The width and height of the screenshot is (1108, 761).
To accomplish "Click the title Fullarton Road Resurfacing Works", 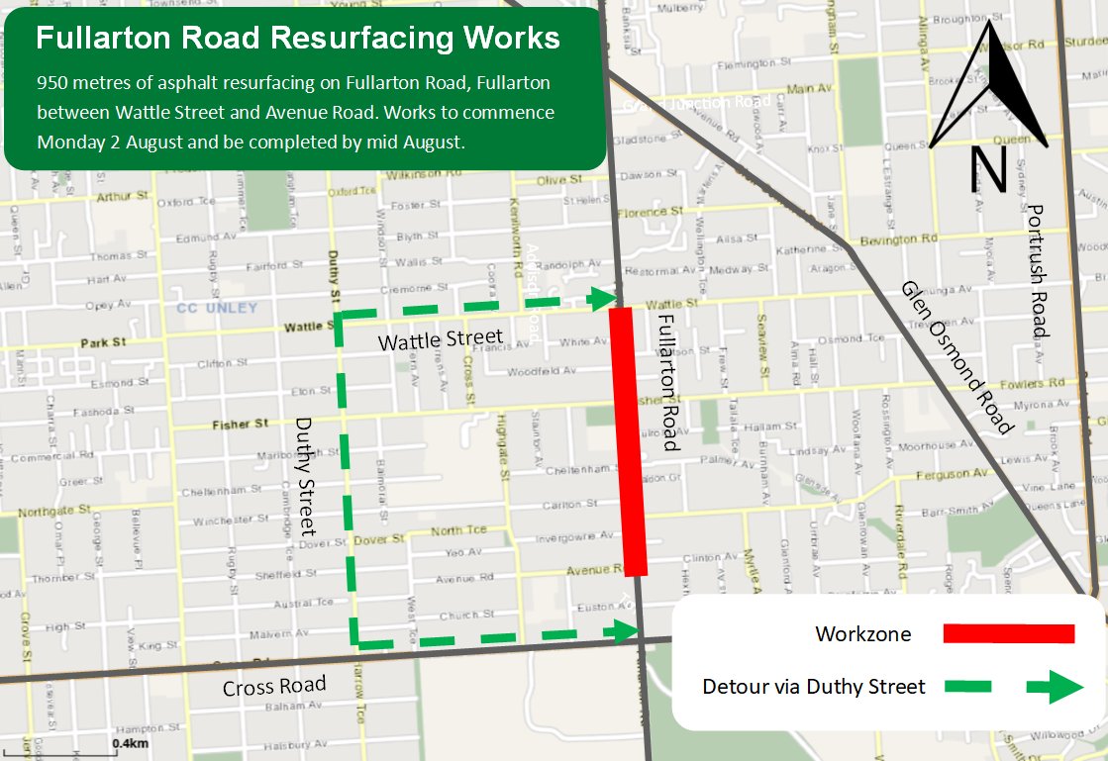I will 298,39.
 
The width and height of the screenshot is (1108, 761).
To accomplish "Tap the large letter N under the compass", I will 988,169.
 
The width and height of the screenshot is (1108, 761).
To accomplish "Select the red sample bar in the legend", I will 1008,633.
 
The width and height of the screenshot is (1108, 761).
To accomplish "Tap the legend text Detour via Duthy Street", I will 813,687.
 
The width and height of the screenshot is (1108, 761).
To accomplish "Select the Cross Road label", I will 274,687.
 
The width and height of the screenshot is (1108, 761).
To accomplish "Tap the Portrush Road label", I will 1036,271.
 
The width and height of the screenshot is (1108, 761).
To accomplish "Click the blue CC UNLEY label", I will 216,308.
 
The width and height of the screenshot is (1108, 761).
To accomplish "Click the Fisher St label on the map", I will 240,424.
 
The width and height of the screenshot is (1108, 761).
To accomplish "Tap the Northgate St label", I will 54,511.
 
